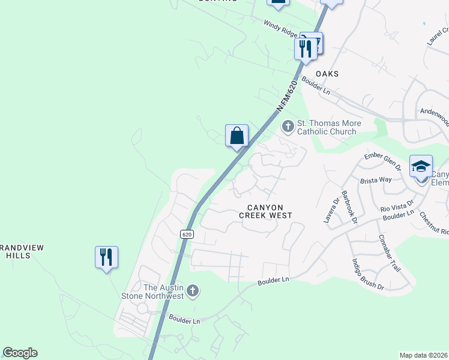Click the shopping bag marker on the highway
237,136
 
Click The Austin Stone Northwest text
162,292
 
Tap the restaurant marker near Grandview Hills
106,257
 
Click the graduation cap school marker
421,166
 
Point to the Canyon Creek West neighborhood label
265,211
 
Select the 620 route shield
186,233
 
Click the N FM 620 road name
288,95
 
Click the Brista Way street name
376,180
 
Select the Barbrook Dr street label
349,207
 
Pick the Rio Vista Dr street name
397,206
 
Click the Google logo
20,353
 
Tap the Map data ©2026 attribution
424,355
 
